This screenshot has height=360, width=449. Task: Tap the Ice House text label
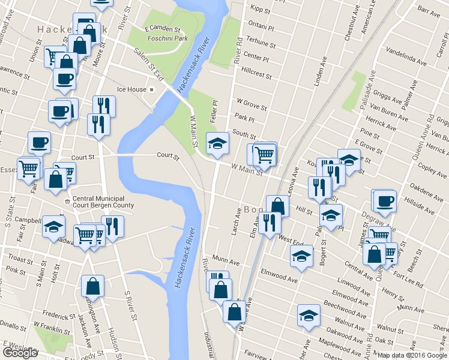pos(131,89)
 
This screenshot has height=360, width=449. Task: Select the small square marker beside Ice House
pos(152,89)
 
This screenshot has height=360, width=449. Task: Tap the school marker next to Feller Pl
pos(217,142)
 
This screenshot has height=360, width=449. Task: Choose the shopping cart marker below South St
pos(264,154)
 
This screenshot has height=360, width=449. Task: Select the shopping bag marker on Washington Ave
pos(92,286)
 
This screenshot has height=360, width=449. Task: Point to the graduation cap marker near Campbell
pos(53,227)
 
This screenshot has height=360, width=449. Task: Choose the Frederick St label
pos(58,314)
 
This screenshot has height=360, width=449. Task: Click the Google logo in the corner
pos(20,353)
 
